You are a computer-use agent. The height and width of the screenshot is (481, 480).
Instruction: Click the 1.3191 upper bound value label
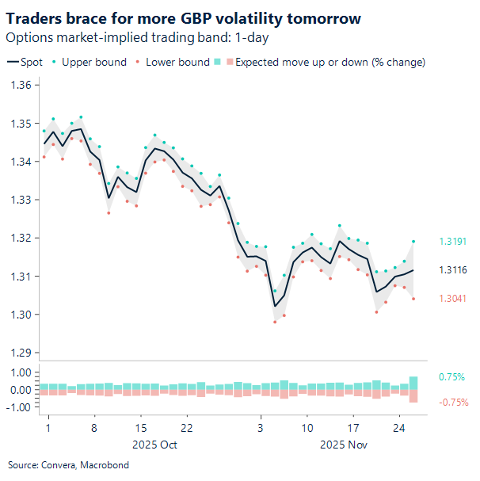[453, 242]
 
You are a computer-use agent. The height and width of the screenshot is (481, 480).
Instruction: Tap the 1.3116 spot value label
[453, 270]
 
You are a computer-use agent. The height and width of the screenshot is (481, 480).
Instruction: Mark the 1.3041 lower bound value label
[453, 299]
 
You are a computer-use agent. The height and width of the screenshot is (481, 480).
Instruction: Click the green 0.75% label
[451, 377]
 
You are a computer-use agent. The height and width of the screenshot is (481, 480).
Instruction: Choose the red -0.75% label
[453, 402]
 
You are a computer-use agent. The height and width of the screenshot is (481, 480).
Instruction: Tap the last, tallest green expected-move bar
[413, 383]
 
